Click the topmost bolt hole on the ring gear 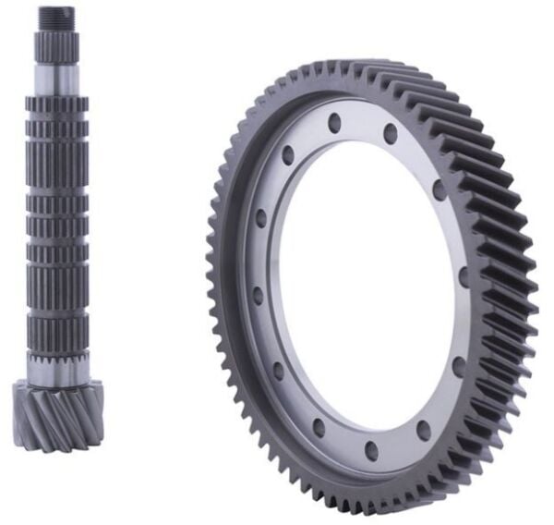(332, 121)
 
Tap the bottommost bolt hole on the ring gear (371, 451)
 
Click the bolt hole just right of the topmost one (391, 133)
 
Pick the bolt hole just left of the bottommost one (319, 427)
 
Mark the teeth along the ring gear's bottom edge (369, 504)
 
